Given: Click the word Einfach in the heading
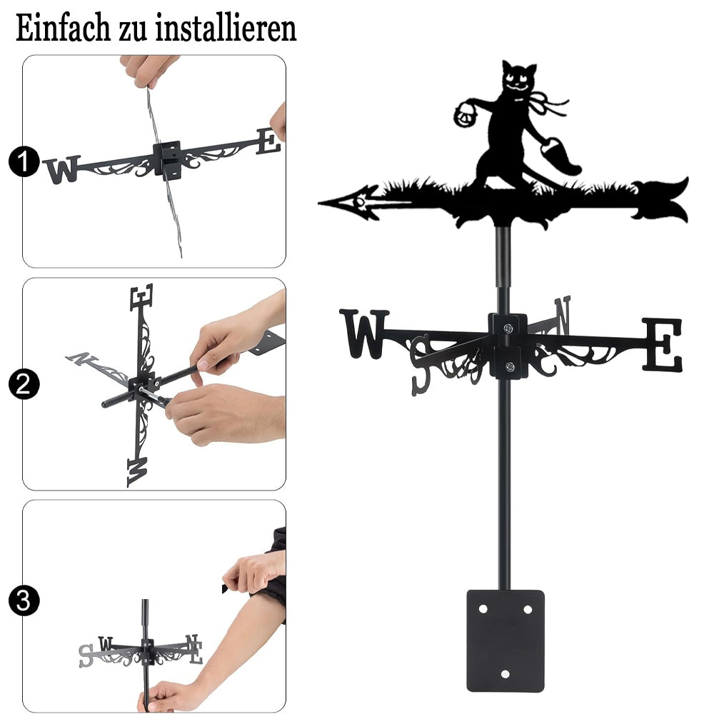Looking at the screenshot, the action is tap(63, 28).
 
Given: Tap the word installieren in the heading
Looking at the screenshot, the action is tap(226, 28).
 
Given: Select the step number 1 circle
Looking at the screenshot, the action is tap(24, 161).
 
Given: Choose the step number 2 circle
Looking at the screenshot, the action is tap(24, 384).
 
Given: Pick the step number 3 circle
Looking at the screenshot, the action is tap(24, 600).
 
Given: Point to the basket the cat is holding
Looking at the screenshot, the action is tap(466, 114).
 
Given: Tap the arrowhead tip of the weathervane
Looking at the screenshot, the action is tap(318, 202).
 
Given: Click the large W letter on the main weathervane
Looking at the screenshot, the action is tap(364, 333).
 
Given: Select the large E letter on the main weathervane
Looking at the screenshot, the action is tap(663, 344).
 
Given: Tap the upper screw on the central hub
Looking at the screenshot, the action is tap(508, 328).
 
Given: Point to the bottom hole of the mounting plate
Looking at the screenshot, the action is tap(505, 674).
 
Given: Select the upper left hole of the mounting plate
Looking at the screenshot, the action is tap(483, 609).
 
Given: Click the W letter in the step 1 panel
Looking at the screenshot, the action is tap(63, 169).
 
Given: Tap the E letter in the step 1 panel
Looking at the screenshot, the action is tap(268, 141).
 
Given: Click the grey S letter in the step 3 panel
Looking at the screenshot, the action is tap(86, 655).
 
